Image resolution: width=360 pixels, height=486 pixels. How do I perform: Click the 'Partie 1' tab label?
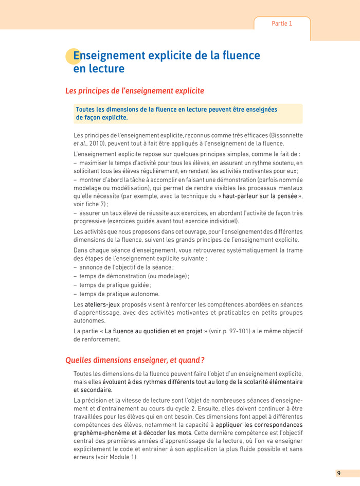(x=282, y=24)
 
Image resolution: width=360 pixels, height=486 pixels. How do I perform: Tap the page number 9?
(x=338, y=473)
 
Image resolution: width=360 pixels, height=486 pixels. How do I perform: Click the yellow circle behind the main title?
(x=73, y=56)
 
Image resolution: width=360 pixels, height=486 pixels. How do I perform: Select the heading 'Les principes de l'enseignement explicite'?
(x=135, y=91)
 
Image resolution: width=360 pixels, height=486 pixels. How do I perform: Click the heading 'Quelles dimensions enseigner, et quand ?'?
(x=135, y=360)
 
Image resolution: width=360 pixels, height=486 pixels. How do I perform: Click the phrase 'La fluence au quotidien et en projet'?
(x=154, y=331)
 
